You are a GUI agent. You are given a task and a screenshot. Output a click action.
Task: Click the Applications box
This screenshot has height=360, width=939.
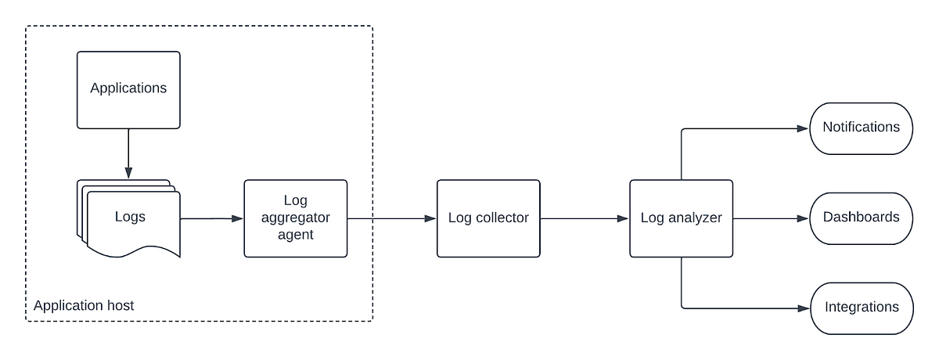pos(128,88)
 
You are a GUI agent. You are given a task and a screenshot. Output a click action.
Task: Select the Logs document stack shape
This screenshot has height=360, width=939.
pos(130,218)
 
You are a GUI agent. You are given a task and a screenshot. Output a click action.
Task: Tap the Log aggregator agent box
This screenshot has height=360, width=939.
pos(295,218)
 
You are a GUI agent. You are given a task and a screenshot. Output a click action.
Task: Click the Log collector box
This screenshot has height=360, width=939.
pos(488,218)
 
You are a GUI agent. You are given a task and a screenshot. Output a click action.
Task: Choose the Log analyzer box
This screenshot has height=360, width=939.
pos(681,218)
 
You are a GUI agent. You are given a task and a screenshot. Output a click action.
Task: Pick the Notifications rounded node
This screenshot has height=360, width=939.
pos(862,128)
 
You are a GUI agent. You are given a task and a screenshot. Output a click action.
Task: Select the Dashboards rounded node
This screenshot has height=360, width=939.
pos(862,218)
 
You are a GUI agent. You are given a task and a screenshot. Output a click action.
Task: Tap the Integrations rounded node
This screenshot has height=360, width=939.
pos(862,308)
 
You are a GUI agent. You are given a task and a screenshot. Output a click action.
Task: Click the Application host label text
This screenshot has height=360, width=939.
pos(83,305)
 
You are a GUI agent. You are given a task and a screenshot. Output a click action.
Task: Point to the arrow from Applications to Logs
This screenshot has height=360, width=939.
pos(128,153)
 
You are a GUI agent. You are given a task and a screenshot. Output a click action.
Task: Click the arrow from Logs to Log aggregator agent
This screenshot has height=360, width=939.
pos(210,218)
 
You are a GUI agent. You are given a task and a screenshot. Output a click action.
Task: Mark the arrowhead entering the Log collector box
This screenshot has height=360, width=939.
pos(430,218)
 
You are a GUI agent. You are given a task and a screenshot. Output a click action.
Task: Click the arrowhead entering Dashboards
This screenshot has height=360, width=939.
pos(804,218)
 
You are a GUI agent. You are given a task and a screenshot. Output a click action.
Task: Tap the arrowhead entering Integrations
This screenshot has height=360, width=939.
pos(804,308)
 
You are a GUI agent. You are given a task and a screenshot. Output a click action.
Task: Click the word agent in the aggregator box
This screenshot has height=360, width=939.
pos(296,234)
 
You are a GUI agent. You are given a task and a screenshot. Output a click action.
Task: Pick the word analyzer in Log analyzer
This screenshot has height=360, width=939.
pos(694,218)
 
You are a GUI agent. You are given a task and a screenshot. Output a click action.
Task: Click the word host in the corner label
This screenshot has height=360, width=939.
pos(120,305)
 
